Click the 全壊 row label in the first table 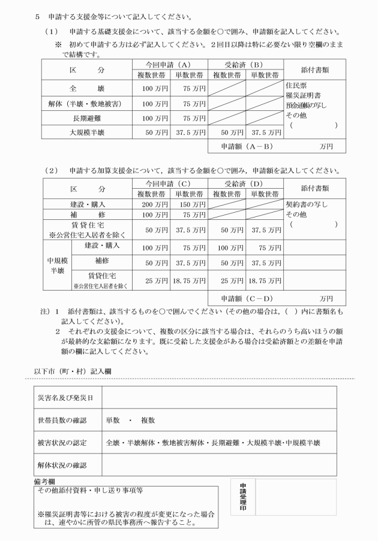pos(87,89)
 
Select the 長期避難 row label pos(87,119)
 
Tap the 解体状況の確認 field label pos(62,466)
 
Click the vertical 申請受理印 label pos(243,498)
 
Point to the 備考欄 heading pos(46,480)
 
